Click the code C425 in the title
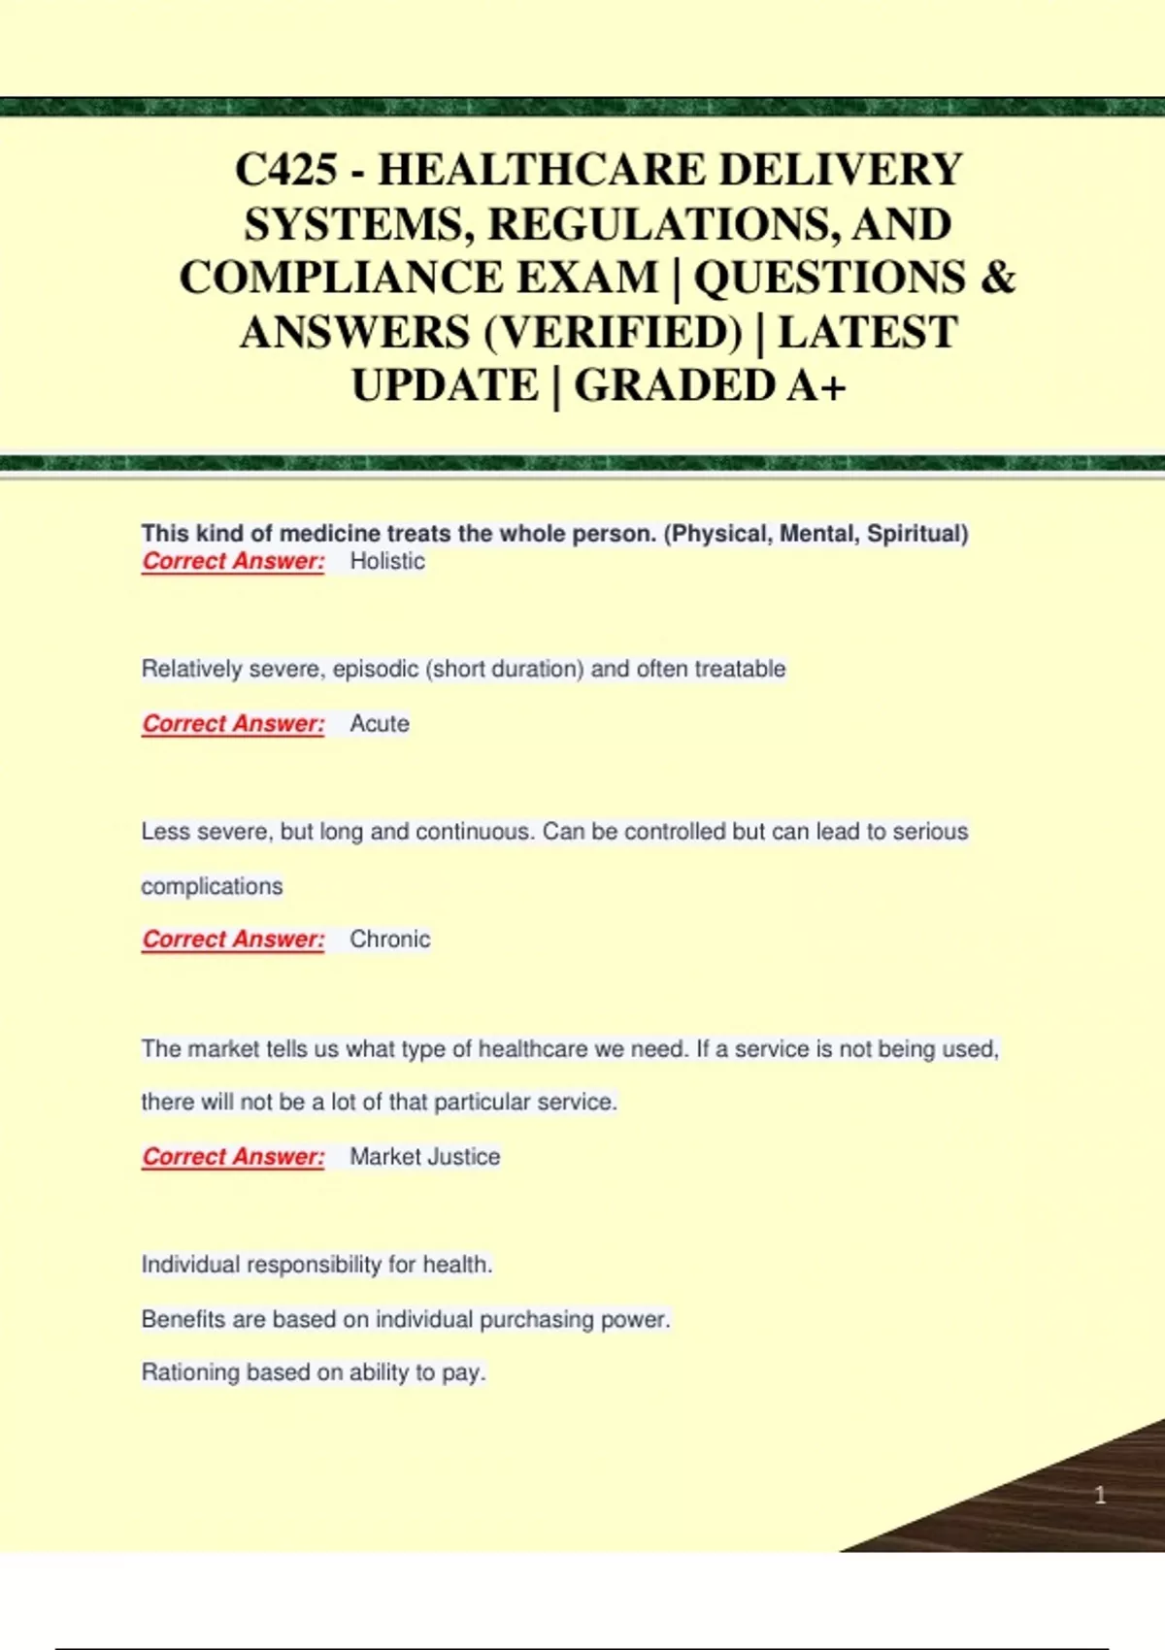point(286,170)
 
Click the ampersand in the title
point(997,278)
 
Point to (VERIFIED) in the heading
point(613,332)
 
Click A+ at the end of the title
point(815,385)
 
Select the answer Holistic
point(387,561)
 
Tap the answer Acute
point(380,724)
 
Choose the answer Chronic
point(389,940)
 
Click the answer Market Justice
point(424,1157)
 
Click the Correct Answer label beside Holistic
point(233,561)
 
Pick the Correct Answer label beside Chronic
point(233,940)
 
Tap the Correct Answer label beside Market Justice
point(233,1157)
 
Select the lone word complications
point(212,886)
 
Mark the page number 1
point(1100,1495)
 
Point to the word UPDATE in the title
point(444,385)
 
